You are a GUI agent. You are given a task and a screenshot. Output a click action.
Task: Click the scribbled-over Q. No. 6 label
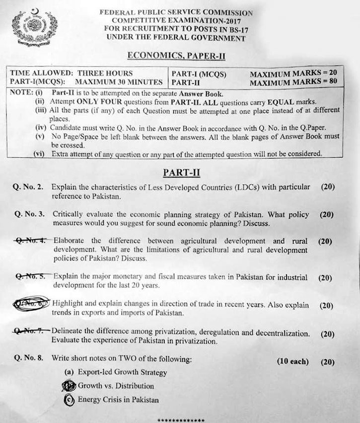[x=32, y=303]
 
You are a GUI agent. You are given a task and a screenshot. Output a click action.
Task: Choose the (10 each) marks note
[x=292, y=361]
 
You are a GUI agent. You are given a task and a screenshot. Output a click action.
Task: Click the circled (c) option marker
[x=70, y=400]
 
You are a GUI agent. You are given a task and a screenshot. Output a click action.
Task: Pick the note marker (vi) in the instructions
[x=41, y=154]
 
